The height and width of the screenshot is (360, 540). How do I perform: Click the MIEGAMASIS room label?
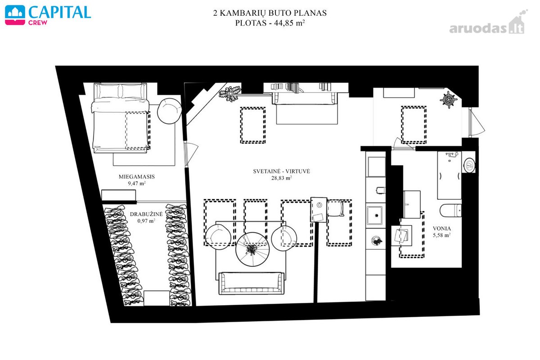pyautogui.click(x=137, y=176)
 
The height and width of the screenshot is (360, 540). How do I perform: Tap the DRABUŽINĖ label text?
pyautogui.click(x=146, y=214)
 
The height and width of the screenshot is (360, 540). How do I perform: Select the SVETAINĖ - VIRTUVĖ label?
pyautogui.click(x=281, y=171)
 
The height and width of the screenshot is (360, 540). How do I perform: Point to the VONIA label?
pyautogui.click(x=441, y=228)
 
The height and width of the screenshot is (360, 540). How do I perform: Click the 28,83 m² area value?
pyautogui.click(x=281, y=178)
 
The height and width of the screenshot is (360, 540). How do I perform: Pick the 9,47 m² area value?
pyautogui.click(x=137, y=183)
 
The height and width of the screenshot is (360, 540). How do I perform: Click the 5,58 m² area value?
pyautogui.click(x=441, y=235)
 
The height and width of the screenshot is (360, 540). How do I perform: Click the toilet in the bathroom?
pyautogui.click(x=450, y=210)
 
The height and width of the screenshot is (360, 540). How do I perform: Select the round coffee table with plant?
pyautogui.click(x=252, y=249)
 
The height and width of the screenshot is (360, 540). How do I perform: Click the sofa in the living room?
pyautogui.click(x=251, y=283)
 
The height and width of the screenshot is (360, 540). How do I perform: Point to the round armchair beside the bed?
pyautogui.click(x=169, y=111)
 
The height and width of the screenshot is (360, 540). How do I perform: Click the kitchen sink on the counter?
pyautogui.click(x=374, y=215)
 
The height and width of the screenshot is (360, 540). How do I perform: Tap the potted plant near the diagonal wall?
pyautogui.click(x=229, y=94)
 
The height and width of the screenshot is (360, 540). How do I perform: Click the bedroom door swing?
pyautogui.click(x=191, y=154)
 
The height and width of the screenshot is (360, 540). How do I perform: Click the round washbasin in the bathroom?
pyautogui.click(x=469, y=165)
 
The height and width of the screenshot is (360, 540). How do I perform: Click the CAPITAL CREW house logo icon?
pyautogui.click(x=15, y=15)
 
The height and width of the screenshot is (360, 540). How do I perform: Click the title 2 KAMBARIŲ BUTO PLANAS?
pyautogui.click(x=270, y=13)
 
